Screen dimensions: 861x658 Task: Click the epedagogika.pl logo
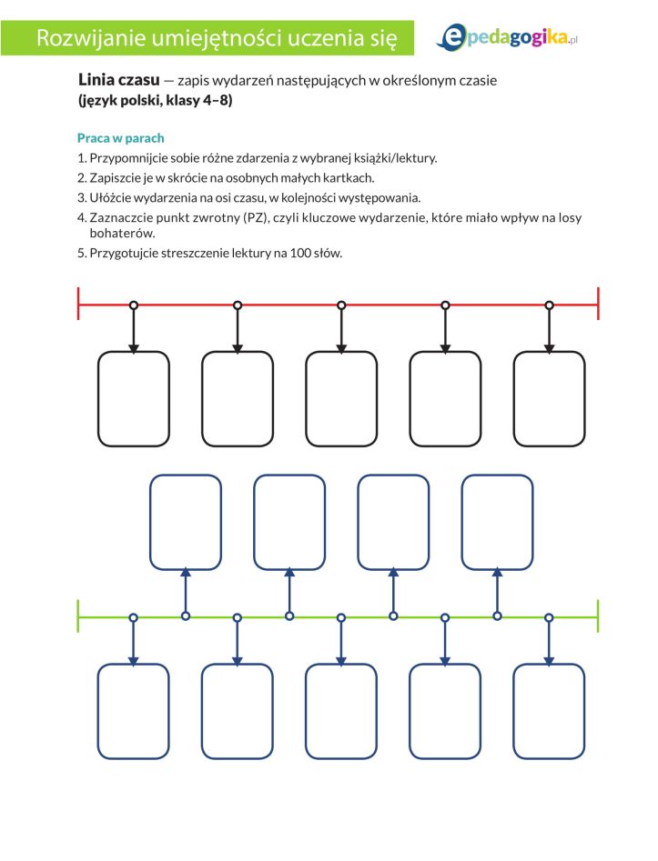coord(508,36)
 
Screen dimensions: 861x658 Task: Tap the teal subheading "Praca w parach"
coord(121,138)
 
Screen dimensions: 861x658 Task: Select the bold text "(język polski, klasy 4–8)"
coord(156,101)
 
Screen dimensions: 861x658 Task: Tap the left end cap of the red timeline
coord(79,304)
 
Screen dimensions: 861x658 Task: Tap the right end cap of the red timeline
coord(598,304)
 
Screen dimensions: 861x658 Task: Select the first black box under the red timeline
coord(134,398)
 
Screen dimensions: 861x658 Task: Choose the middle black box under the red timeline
coord(341,398)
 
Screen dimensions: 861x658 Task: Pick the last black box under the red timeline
coord(549,398)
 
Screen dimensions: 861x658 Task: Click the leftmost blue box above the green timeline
coord(186,522)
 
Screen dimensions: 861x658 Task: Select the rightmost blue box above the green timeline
coord(497,522)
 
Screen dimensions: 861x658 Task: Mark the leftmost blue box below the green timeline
coord(134,711)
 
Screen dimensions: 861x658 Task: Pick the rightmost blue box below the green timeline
coord(549,711)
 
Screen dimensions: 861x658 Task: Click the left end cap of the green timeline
coord(79,616)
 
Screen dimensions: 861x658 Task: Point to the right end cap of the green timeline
coord(598,616)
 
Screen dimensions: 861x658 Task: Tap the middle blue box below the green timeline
coord(341,711)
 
